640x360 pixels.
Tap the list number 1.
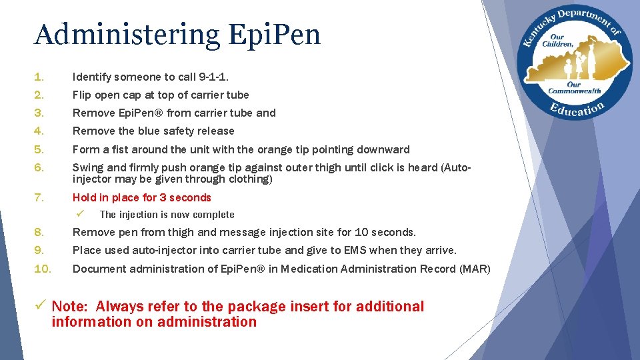[39, 77]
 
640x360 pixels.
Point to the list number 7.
[39, 197]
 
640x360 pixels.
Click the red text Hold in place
[107, 197]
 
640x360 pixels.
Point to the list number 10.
[43, 269]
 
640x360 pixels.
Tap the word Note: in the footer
[70, 307]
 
